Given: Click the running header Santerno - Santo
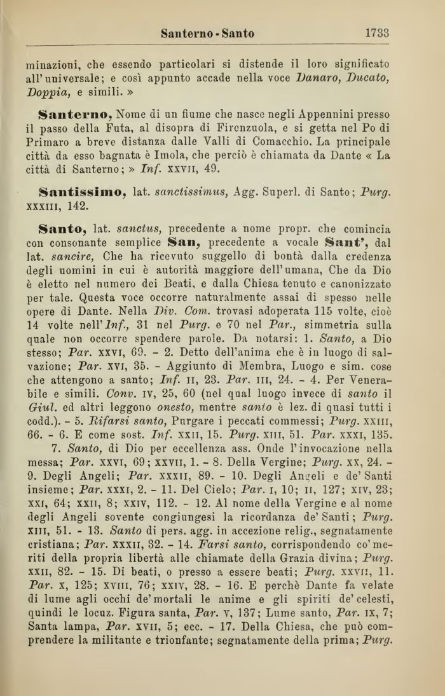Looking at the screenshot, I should pyautogui.click(x=207, y=33).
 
